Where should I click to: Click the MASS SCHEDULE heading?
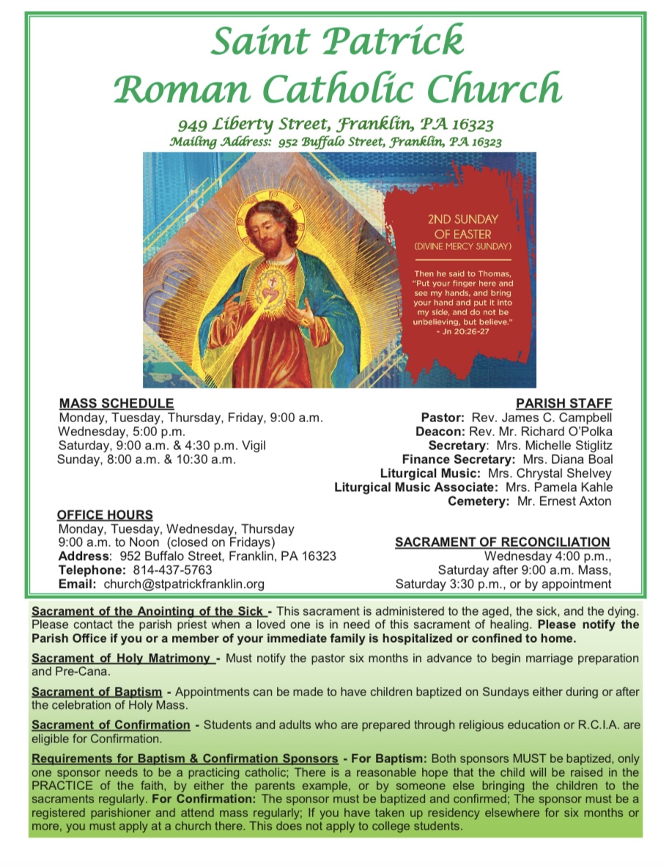(x=117, y=403)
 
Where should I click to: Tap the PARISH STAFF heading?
(x=564, y=403)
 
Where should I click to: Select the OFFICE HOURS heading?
(x=106, y=514)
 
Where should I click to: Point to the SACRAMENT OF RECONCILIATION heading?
(x=502, y=542)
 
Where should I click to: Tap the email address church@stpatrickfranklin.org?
(x=184, y=584)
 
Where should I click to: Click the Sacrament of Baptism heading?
(x=97, y=692)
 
